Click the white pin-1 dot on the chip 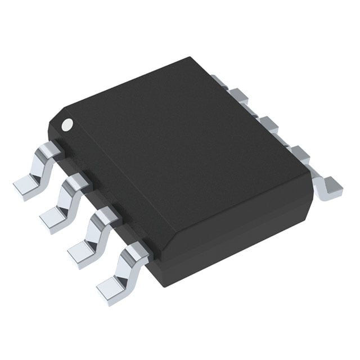68,123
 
